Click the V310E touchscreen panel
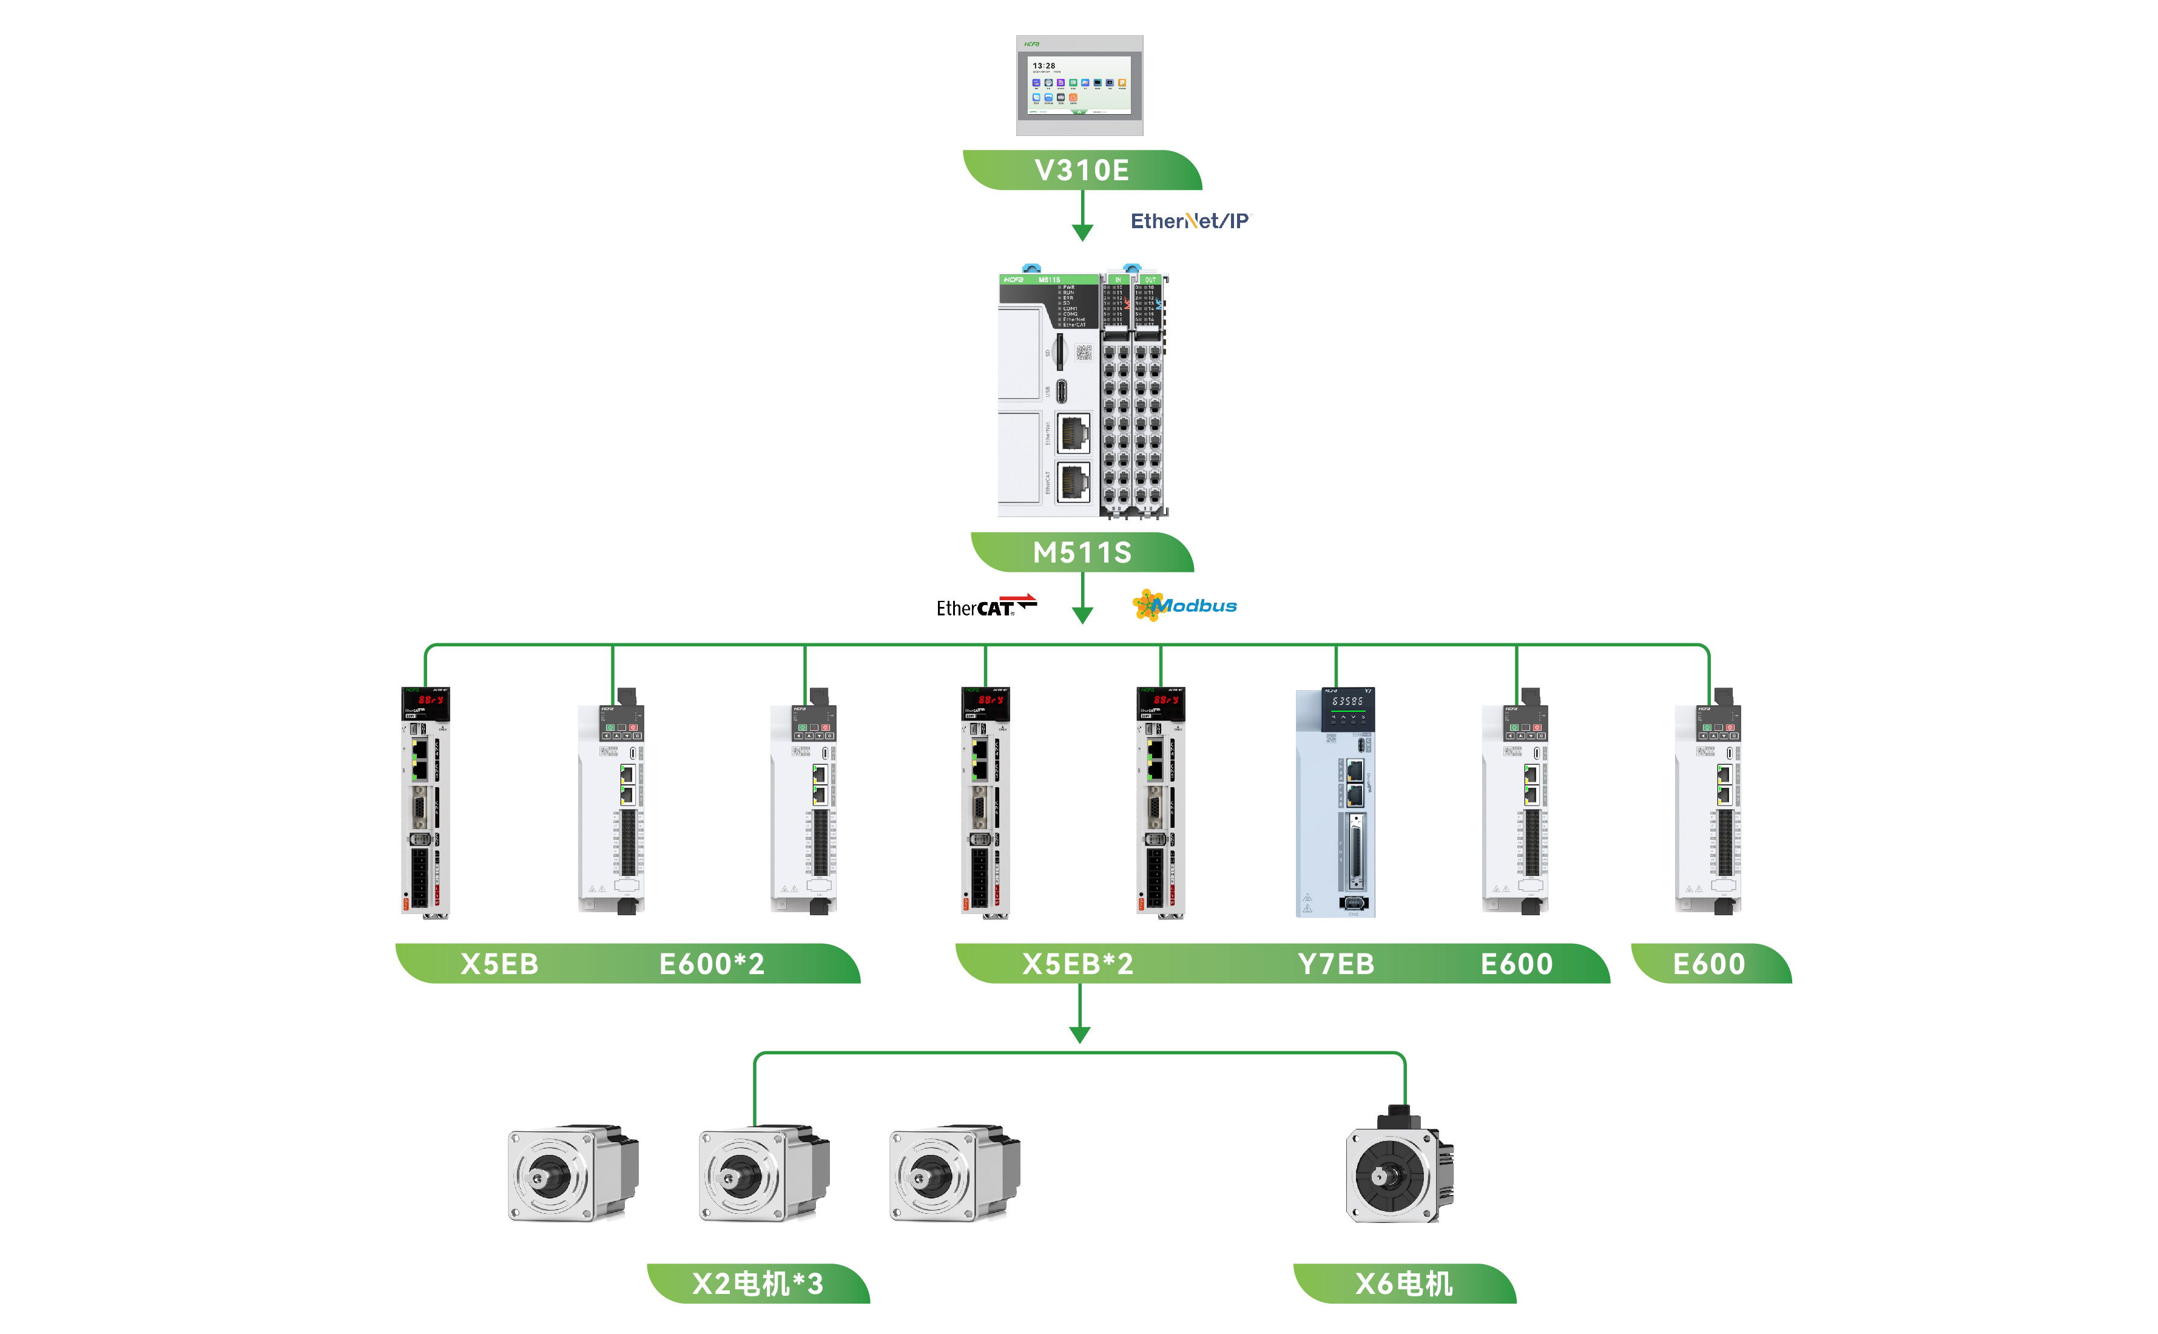(x=1079, y=86)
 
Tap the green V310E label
(x=1081, y=171)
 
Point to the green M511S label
(x=1082, y=552)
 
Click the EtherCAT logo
(x=984, y=607)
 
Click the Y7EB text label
(x=1335, y=963)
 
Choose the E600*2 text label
(x=711, y=963)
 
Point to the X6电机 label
(x=1403, y=1284)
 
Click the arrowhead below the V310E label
(x=1082, y=232)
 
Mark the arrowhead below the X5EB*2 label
(x=1079, y=1034)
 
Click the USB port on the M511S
(x=1061, y=390)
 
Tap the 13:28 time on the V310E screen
(x=1044, y=66)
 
